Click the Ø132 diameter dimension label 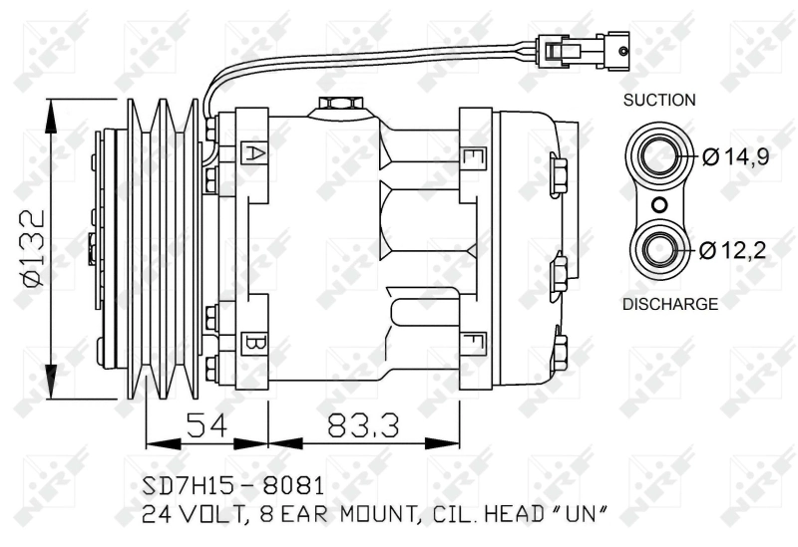(33, 248)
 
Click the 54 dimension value (206, 425)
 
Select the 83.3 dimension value (363, 425)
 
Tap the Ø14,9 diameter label (735, 156)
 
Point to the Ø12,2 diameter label (732, 250)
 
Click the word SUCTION (659, 100)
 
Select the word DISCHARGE (670, 304)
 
